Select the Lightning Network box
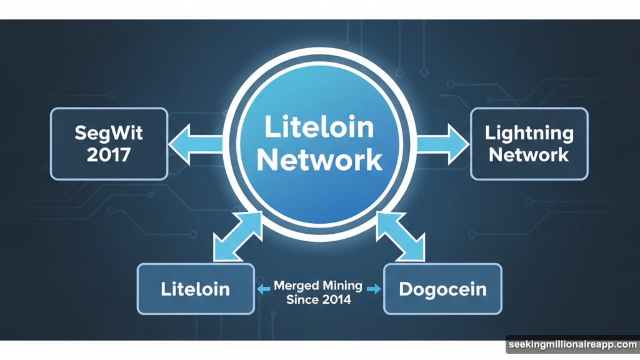pyautogui.click(x=529, y=144)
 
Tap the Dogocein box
pyautogui.click(x=442, y=289)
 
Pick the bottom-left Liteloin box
pyautogui.click(x=196, y=289)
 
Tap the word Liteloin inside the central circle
pyautogui.click(x=319, y=127)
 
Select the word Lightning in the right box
pyautogui.click(x=529, y=132)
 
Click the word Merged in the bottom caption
pyautogui.click(x=296, y=286)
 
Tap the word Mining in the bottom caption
pyautogui.click(x=341, y=286)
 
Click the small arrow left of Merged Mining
pyautogui.click(x=264, y=289)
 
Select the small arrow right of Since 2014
pyautogui.click(x=373, y=289)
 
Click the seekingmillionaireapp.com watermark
pyautogui.click(x=572, y=345)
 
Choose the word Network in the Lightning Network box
pyautogui.click(x=529, y=155)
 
